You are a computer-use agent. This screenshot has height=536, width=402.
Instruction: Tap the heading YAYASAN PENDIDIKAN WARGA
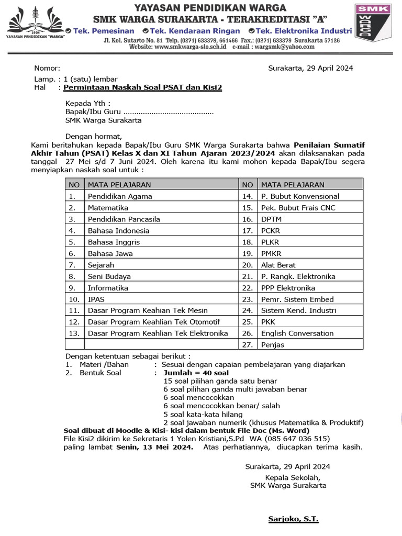coord(210,7)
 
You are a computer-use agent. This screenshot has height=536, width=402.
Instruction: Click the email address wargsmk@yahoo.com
coord(285,47)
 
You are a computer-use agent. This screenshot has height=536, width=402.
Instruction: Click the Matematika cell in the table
coord(108,208)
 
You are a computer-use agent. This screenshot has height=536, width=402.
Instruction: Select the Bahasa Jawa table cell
coord(110,253)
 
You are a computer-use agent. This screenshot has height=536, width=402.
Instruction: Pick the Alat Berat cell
coord(278,265)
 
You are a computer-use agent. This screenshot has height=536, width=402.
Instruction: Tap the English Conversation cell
coord(297,333)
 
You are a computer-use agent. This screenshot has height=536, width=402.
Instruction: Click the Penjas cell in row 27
coord(273,344)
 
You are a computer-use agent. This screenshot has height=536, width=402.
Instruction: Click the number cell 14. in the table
coord(248,196)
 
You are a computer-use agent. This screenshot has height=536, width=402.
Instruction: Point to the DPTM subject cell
coord(271,219)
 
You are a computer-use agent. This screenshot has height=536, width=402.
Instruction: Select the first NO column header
coord(74,185)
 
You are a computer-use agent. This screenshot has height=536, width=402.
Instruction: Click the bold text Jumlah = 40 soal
coord(196,373)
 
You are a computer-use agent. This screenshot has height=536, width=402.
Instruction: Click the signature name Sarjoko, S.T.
coord(293,519)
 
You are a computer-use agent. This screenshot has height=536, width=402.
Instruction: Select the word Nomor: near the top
coord(47,68)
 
